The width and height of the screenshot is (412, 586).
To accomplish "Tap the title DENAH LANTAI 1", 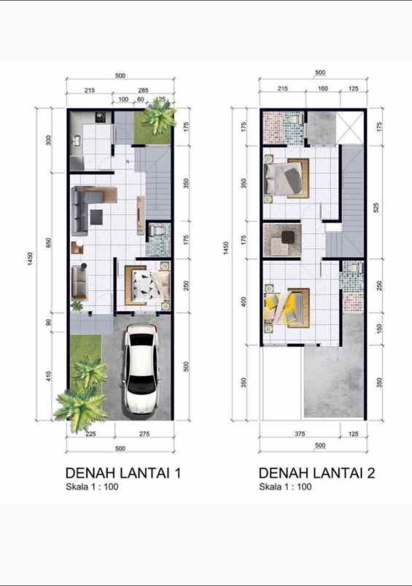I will [x=123, y=473].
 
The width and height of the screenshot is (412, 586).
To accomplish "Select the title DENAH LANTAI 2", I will [x=316, y=473].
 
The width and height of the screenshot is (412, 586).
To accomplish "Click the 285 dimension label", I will [x=143, y=90].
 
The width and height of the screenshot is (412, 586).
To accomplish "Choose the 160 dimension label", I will [x=322, y=89].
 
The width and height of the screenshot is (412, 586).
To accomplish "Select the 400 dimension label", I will [x=244, y=302].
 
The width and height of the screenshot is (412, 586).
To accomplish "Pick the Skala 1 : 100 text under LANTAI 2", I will [x=285, y=487].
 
